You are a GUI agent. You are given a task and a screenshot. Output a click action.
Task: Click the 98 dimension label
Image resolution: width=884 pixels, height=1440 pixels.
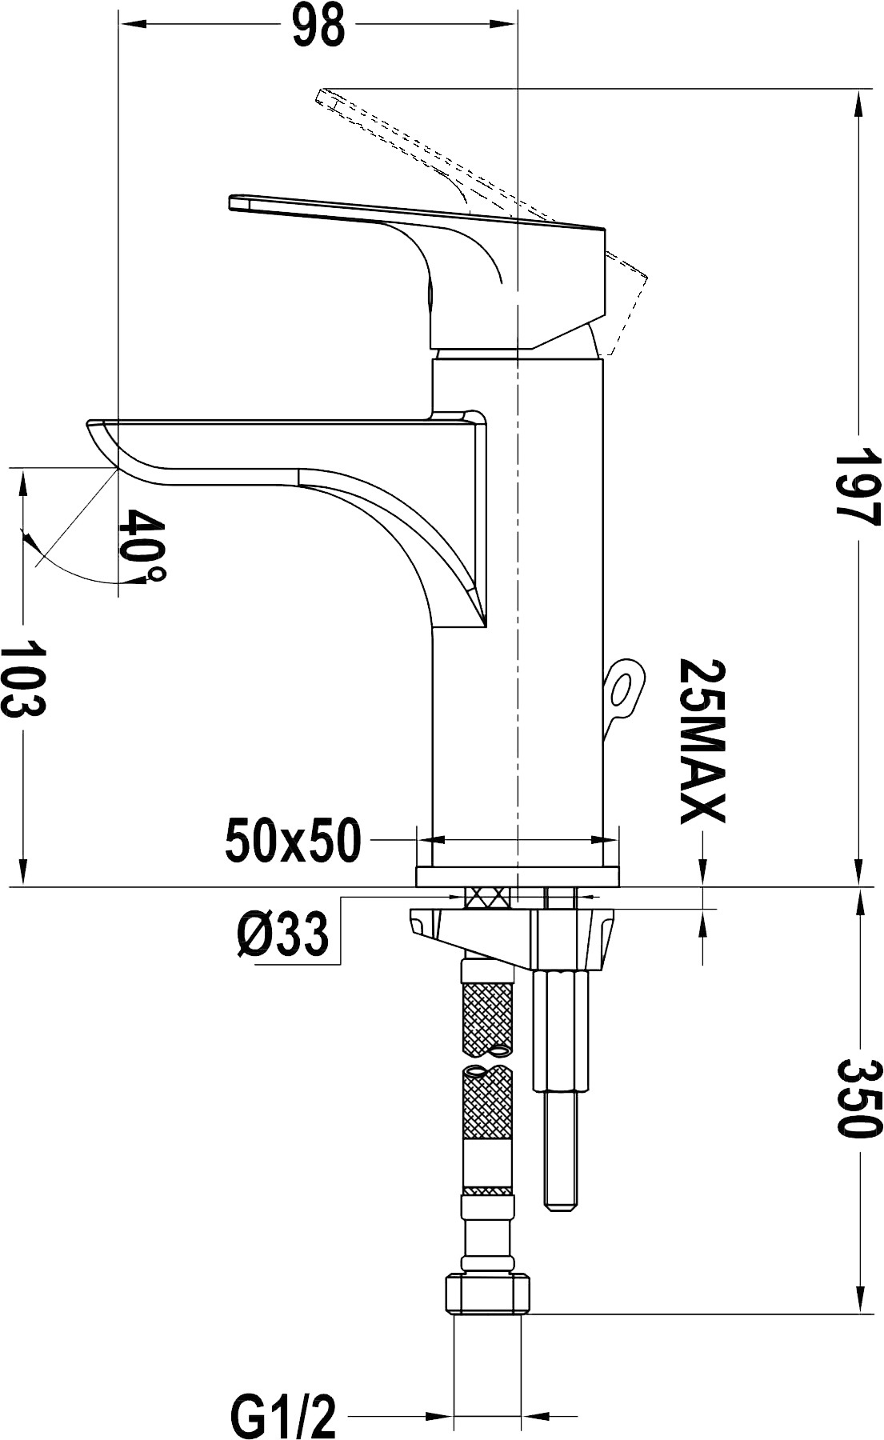318,27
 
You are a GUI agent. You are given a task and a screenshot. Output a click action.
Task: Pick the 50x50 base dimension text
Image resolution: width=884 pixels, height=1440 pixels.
294,841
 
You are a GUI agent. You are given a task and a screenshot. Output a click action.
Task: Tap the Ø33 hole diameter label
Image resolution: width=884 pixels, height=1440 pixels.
282,934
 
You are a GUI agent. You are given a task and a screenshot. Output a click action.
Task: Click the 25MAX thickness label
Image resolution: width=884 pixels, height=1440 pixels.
702,741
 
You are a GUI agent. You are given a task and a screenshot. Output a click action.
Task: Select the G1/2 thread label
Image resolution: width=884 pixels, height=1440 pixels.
283,1418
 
